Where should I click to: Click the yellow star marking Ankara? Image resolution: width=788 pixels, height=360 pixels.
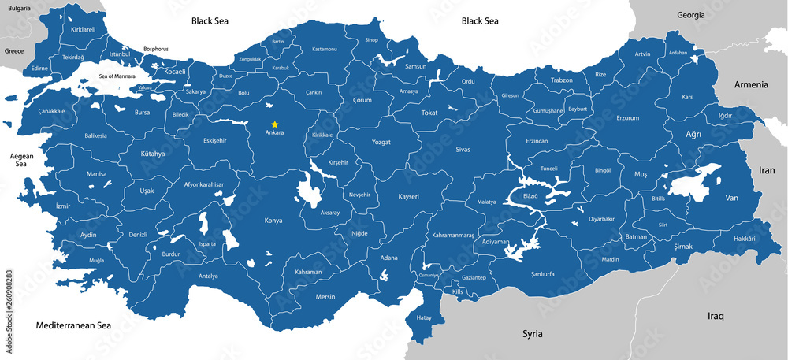pos(274,124)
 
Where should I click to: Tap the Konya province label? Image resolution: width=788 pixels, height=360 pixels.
pos(273,221)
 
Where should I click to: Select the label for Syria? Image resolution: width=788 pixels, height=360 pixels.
pos(533,334)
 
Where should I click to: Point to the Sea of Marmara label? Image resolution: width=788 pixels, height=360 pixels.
pos(117,76)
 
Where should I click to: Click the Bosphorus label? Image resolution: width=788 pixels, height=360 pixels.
pos(156,49)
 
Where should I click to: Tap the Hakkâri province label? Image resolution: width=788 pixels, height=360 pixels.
pos(744,238)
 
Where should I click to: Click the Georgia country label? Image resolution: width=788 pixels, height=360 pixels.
pos(691,15)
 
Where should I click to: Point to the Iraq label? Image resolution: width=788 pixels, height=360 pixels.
pos(716,316)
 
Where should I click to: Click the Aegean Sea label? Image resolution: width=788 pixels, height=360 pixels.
pos(21,161)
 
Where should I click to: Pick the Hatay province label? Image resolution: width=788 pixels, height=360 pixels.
pos(425,317)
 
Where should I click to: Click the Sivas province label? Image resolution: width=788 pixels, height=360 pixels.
pos(463,149)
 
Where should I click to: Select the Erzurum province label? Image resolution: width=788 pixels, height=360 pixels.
pos(627,118)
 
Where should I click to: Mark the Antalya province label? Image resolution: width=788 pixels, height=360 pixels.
pos(208,276)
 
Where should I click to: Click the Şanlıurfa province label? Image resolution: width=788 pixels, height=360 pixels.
pos(543,274)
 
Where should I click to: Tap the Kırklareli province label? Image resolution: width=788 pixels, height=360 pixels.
pos(83,29)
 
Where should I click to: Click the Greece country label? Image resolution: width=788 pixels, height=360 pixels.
pos(14,50)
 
